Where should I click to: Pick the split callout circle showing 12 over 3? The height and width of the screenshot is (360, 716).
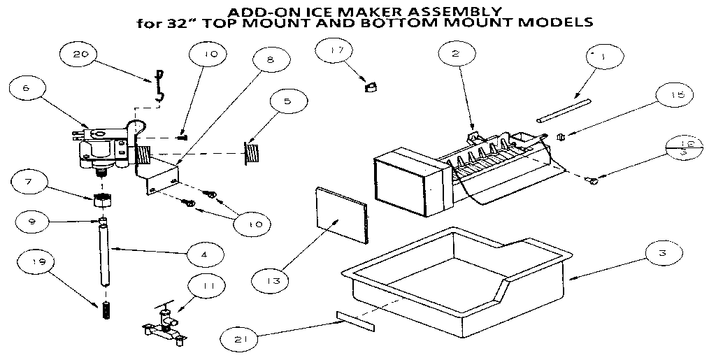(684, 147)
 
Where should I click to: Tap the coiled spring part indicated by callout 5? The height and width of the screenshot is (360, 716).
(252, 153)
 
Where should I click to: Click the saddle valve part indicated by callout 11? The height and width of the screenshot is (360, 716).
(163, 325)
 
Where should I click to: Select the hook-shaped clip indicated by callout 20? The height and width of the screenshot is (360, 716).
(159, 83)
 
